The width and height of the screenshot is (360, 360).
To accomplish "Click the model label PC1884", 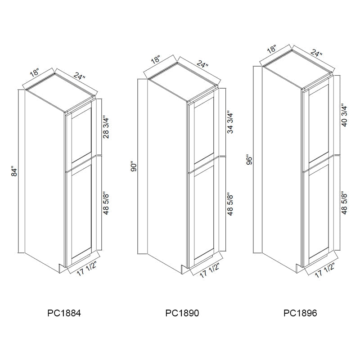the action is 64,313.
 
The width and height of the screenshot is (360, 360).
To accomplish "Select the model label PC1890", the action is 182,313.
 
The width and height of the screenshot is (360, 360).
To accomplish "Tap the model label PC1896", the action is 300,313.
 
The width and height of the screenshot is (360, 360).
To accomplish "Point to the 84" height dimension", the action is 14,172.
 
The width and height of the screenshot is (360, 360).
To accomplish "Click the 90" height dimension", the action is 134,167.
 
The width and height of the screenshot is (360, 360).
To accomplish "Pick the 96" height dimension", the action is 249,160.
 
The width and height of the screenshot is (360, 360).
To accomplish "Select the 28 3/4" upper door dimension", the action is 106,127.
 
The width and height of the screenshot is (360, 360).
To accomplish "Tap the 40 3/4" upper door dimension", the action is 344,115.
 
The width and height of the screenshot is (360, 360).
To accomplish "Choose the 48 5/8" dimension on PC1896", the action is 344,203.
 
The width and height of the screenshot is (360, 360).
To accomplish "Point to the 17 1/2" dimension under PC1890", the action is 209,270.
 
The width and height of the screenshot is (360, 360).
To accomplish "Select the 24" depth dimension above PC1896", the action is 317,53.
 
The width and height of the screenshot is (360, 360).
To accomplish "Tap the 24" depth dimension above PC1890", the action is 202,63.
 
